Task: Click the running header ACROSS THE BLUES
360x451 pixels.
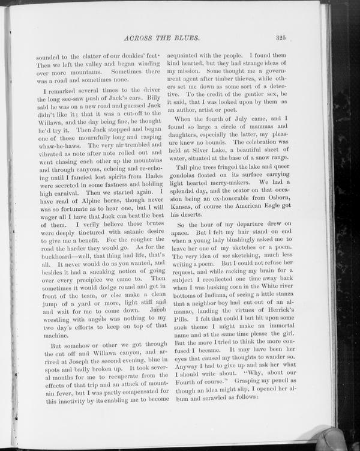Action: (160, 38)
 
